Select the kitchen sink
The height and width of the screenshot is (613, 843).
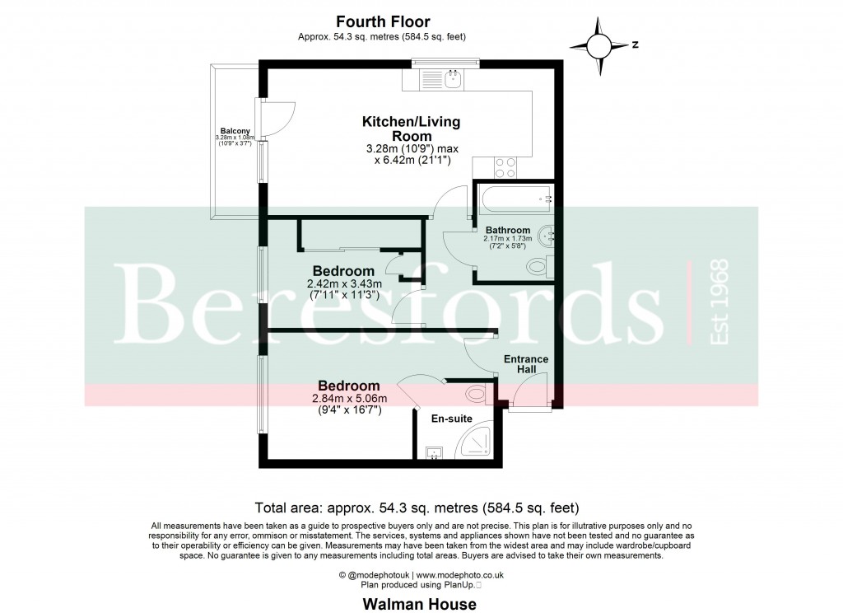tap(452, 80)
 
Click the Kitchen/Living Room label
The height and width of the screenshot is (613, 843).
tap(411, 129)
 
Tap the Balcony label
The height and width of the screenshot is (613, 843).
tap(235, 130)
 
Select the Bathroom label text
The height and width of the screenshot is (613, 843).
tap(507, 230)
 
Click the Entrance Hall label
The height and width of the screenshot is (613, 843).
tap(526, 364)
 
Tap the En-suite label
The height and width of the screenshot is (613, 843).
tap(452, 419)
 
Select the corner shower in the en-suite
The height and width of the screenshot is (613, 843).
tap(476, 442)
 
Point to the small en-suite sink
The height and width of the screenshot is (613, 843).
tap(435, 452)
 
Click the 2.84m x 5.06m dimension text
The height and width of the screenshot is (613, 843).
tap(349, 400)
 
